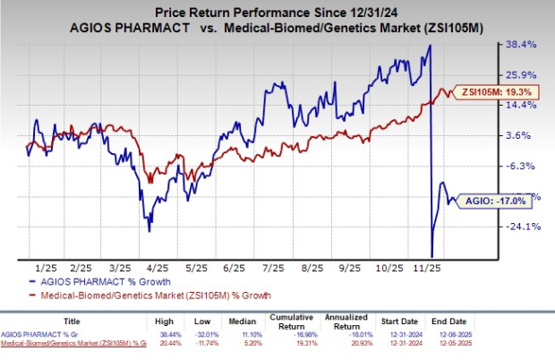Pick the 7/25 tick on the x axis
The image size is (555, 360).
click(270, 267)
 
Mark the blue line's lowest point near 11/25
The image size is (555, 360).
click(433, 257)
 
